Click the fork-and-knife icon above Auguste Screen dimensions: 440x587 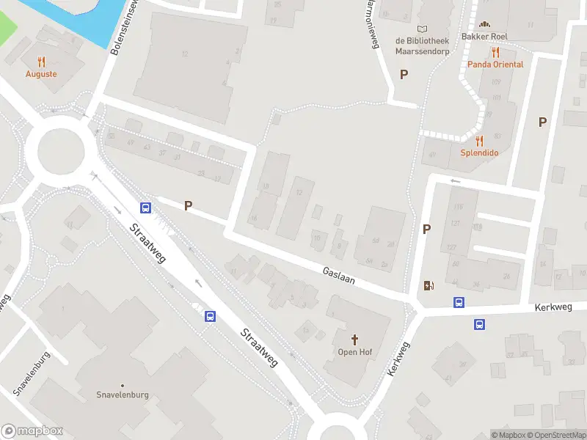41,62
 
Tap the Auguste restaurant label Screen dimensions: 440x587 41,74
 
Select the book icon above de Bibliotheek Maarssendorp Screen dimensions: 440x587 421,27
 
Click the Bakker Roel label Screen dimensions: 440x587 485,36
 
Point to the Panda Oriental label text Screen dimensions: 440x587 496,65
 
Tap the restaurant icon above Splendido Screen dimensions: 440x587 479,141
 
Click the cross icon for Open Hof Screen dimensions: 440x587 355,340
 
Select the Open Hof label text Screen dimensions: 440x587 355,352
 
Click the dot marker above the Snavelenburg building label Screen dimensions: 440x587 123,386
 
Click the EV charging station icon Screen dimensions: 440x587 429,286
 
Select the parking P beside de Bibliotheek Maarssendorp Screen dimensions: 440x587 404,74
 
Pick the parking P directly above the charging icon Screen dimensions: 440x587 426,230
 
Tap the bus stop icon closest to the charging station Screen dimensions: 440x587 459,302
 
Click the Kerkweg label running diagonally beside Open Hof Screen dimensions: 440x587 397,359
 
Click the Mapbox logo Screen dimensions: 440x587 32,430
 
